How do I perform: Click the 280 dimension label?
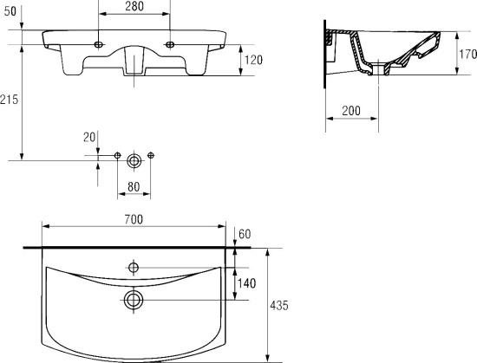click(134, 6)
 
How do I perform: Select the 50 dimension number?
click(10, 11)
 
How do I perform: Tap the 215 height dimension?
click(10, 100)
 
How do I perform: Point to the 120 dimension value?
click(253, 60)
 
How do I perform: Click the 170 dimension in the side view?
click(467, 55)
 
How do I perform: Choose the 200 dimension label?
click(351, 111)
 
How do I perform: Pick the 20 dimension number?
click(89, 137)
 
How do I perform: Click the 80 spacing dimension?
click(134, 187)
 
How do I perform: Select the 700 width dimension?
click(134, 219)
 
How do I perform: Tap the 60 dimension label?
click(245, 234)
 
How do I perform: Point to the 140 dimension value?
click(246, 283)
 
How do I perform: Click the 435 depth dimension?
click(279, 305)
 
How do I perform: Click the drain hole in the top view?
click(134, 300)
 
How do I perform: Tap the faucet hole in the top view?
click(134, 268)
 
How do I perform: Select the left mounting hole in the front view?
click(98, 45)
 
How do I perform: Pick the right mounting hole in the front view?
click(170, 45)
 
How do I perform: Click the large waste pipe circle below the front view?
click(134, 160)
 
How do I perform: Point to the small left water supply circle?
click(117, 156)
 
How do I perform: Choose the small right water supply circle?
click(151, 156)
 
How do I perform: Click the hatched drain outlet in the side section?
click(378, 68)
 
